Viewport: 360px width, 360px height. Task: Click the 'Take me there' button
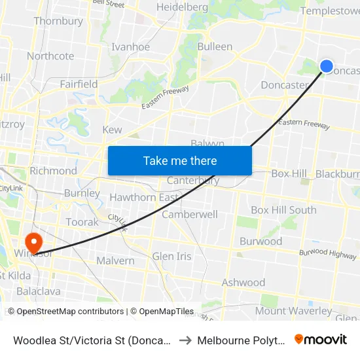[x=179, y=160]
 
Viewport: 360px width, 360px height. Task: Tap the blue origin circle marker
[x=327, y=65]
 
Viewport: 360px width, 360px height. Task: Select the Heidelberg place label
[x=182, y=7]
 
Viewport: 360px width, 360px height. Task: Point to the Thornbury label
[x=58, y=21]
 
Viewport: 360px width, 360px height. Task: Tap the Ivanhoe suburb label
[x=130, y=46]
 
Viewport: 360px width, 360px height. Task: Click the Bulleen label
[x=215, y=46]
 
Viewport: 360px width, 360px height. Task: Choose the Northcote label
[x=50, y=56]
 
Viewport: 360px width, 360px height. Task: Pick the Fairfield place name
[x=79, y=84]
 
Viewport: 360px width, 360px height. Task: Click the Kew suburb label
[x=112, y=130]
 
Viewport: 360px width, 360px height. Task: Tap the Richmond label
[x=53, y=171]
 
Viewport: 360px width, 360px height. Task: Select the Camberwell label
[x=190, y=214]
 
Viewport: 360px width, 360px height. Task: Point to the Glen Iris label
[x=171, y=256]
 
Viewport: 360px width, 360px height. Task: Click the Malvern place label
[x=115, y=261]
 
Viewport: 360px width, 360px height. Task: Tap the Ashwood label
[x=243, y=283]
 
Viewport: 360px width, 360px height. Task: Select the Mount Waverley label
[x=293, y=311]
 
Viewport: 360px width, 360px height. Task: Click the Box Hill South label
[x=283, y=210]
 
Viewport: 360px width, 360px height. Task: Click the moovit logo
[x=321, y=339]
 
